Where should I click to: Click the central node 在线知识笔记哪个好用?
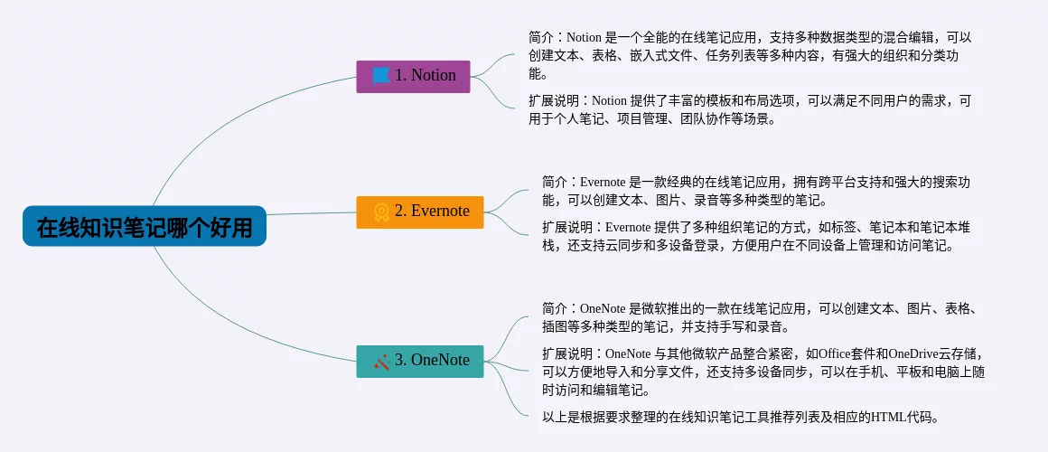click(x=145, y=226)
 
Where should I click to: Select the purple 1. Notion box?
click(x=413, y=76)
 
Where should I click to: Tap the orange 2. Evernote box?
click(x=420, y=212)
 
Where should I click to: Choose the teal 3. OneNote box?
click(x=420, y=361)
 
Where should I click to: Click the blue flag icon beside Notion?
click(x=381, y=76)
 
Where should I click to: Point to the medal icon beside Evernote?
click(x=381, y=212)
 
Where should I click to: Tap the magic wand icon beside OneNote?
click(x=381, y=362)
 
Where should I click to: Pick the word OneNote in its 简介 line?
click(x=603, y=309)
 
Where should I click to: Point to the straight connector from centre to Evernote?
click(x=312, y=214)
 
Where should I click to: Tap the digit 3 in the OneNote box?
click(x=399, y=361)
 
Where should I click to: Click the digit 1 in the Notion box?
click(x=399, y=76)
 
